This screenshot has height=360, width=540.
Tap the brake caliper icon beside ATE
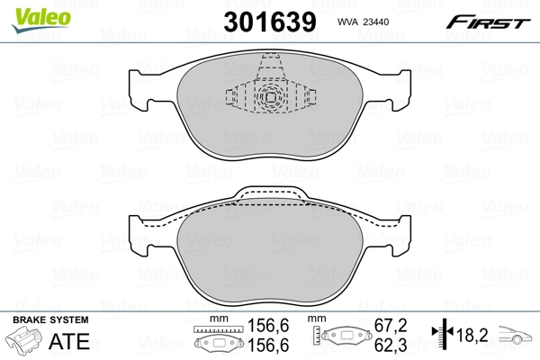coord(26,342)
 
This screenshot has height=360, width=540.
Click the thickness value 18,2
coord(472,334)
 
